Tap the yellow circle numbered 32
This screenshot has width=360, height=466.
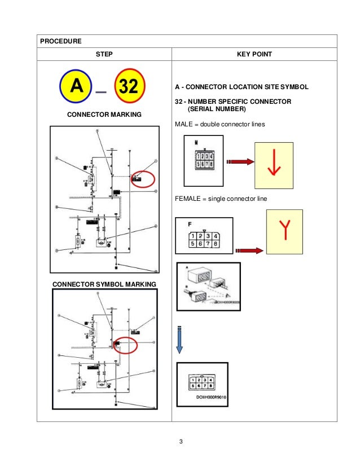130,87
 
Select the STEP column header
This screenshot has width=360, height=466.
104,55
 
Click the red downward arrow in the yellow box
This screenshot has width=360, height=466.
274,165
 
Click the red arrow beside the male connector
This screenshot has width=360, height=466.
238,163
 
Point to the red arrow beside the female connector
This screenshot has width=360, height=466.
249,250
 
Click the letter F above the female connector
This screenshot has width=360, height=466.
190,224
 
